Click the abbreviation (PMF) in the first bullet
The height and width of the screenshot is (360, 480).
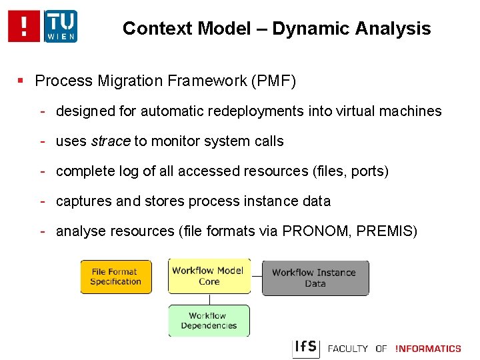tap(273, 81)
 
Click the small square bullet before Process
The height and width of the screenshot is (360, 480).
tap(21, 81)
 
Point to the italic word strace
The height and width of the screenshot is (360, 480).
tap(111, 141)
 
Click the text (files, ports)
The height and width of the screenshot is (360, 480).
tap(350, 171)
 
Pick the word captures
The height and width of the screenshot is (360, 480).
tap(84, 201)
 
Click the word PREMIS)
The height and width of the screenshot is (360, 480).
tap(387, 231)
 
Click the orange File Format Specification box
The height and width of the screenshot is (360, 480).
tap(116, 277)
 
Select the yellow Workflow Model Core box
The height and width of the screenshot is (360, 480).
tap(209, 276)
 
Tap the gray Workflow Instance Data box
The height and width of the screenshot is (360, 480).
tap(315, 278)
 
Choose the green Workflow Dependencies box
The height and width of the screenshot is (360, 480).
tap(209, 321)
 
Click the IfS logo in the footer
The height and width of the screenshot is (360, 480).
tap(306, 348)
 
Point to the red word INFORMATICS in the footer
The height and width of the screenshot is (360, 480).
tap(428, 349)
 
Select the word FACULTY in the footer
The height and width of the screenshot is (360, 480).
tap(348, 349)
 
